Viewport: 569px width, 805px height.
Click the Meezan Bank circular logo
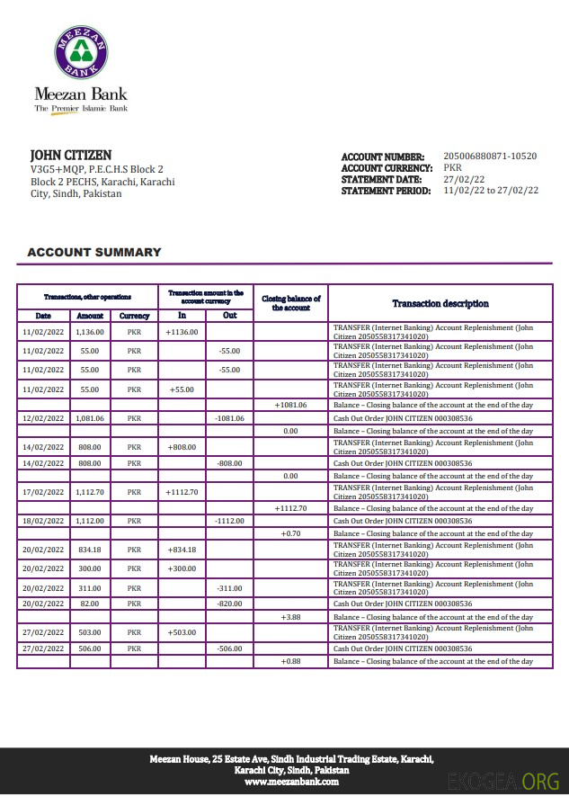pos(81,53)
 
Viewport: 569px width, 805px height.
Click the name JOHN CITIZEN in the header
pos(71,156)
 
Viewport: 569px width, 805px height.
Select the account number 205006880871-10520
pos(490,157)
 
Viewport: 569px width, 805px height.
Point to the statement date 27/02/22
pos(464,179)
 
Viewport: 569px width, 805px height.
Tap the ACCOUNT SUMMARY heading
pos(94,253)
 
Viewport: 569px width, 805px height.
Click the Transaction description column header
pos(440,304)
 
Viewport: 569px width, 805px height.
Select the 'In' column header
pos(182,316)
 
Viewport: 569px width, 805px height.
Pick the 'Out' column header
pos(229,316)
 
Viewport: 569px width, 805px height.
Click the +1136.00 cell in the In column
pos(182,331)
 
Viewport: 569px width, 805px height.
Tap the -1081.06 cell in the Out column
pos(229,418)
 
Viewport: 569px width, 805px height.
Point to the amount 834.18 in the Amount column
pos(90,550)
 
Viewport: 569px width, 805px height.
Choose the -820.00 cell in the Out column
pos(229,604)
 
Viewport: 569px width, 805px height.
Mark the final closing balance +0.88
pos(290,662)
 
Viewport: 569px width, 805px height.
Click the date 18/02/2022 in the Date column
pos(43,521)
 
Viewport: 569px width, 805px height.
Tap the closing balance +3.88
pos(290,617)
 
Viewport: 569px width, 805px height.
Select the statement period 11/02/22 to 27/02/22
pos(491,191)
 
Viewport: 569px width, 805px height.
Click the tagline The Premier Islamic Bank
pos(81,109)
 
